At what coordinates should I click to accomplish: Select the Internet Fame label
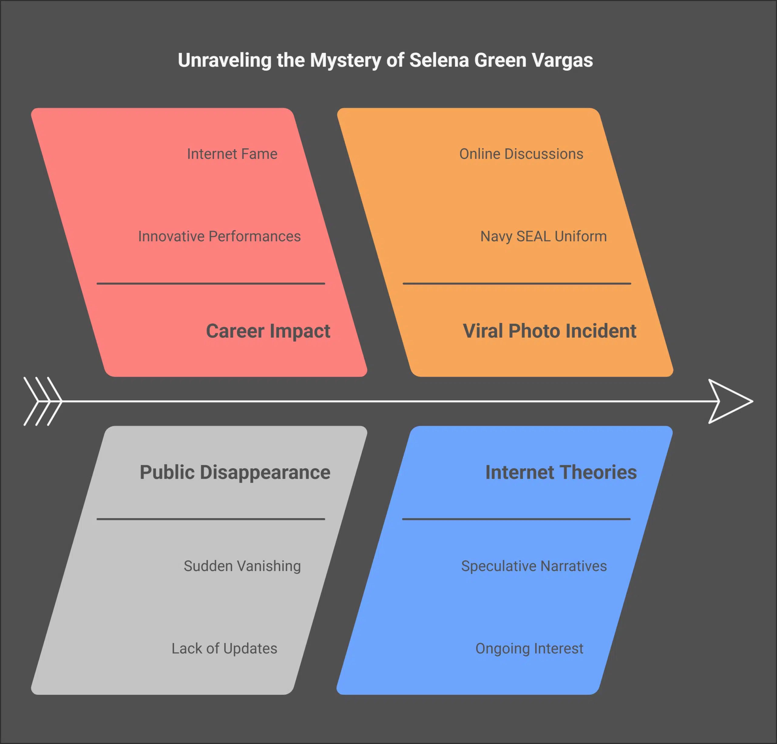tap(232, 154)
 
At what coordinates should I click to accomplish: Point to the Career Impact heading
tap(268, 331)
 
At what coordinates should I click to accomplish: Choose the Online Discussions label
tap(521, 154)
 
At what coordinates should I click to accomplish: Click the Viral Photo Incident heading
tap(549, 331)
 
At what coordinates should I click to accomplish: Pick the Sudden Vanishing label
tap(242, 566)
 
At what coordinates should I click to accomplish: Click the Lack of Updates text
tap(224, 648)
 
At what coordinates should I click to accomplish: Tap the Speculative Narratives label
tap(534, 566)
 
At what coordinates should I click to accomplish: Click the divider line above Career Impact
tap(211, 284)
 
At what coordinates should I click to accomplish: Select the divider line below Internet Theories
tap(516, 519)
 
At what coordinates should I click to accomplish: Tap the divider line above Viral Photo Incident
tap(517, 284)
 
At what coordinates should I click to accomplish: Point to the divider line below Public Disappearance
tap(211, 519)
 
